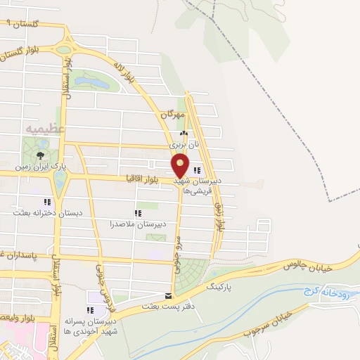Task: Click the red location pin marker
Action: (x=181, y=165)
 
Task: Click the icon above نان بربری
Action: (x=184, y=133)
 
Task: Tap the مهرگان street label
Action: (x=172, y=114)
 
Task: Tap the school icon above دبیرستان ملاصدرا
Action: (x=138, y=212)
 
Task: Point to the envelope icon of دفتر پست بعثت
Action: (x=167, y=295)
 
